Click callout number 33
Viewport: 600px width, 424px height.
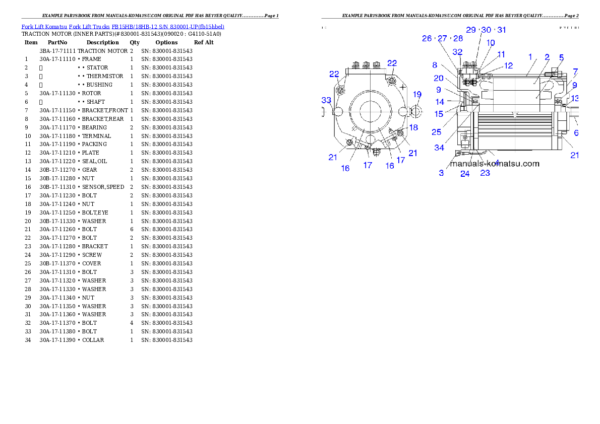[x=327, y=100]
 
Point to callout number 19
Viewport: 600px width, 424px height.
[x=417, y=94]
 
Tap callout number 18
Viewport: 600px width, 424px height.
[x=413, y=127]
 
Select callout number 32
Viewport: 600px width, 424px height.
[x=457, y=52]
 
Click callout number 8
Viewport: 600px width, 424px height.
[x=435, y=65]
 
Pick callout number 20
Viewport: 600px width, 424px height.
[x=439, y=78]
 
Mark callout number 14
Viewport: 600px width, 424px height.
[x=440, y=102]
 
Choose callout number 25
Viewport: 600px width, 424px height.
[x=437, y=132]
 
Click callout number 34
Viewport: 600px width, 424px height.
[x=440, y=148]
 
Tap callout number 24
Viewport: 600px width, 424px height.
[x=465, y=174]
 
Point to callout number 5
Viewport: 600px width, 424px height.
[x=561, y=57]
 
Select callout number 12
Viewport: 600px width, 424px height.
[x=509, y=65]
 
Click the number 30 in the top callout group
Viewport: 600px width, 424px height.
[x=486, y=30]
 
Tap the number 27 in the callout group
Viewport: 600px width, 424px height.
[x=442, y=38]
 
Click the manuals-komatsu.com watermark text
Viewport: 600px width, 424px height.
[x=495, y=164]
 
